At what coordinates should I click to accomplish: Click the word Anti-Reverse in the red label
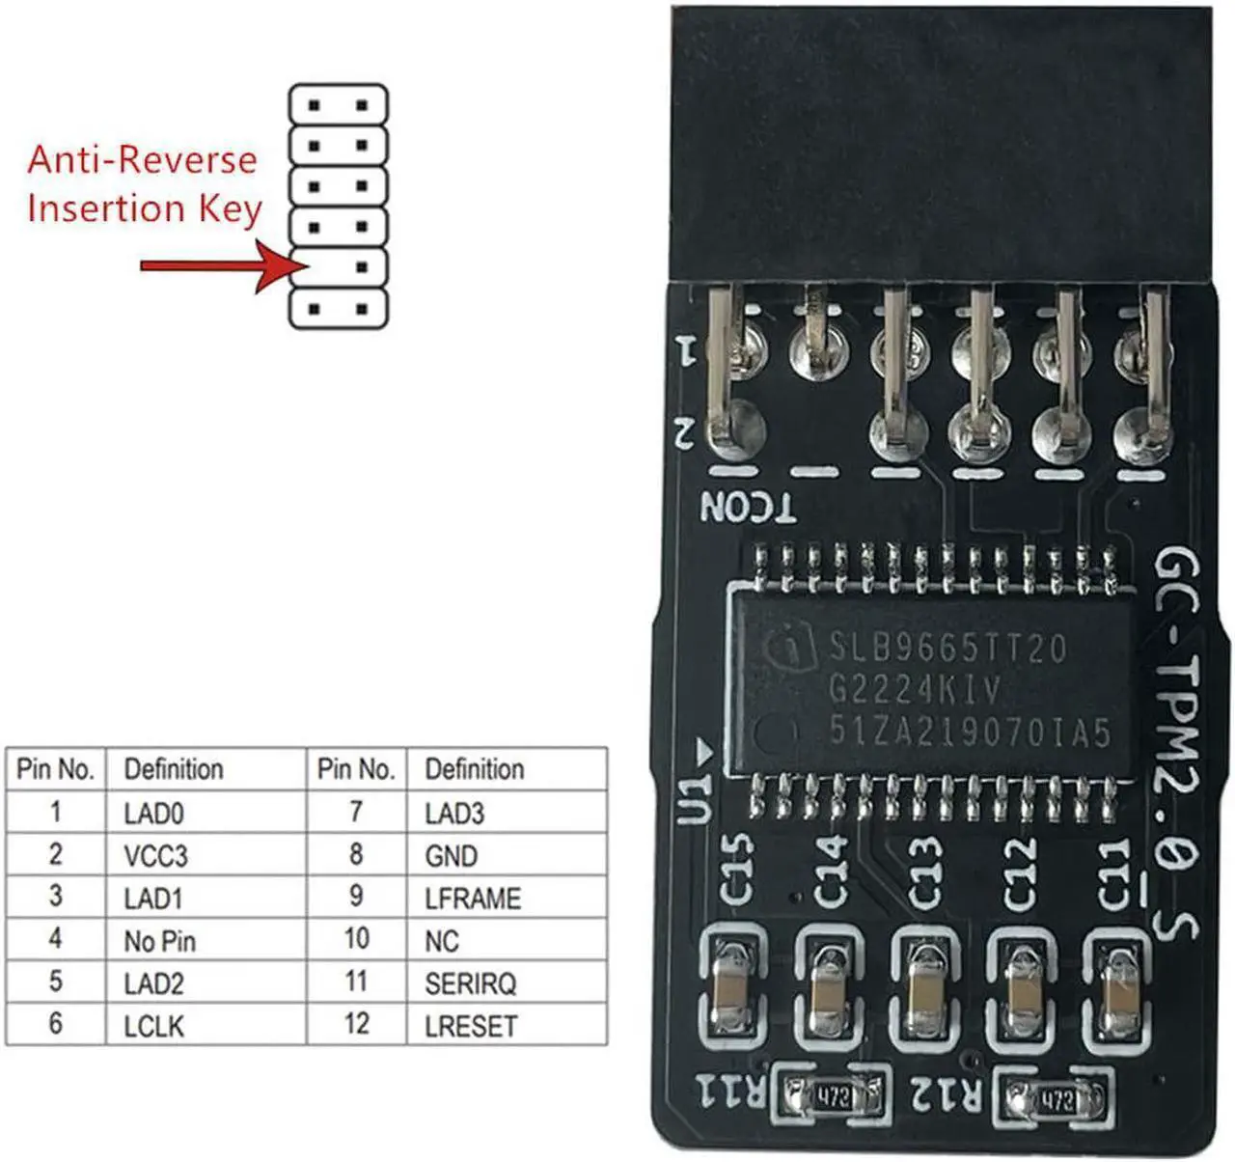coord(142,159)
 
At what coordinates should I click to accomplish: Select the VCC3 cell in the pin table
coord(155,856)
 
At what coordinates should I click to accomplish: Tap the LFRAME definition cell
coord(472,899)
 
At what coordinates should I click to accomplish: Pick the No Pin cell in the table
coord(159,941)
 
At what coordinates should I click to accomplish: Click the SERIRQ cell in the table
coord(470,983)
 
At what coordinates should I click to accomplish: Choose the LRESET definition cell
coord(470,1026)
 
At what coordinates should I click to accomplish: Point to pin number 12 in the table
coord(356,1024)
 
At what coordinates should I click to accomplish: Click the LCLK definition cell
coord(153,1026)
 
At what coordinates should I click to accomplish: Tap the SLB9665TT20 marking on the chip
coord(948,648)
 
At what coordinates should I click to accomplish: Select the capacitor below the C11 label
coord(1119,989)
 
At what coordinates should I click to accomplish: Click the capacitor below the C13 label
coord(926,989)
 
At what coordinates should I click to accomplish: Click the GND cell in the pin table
coord(451,856)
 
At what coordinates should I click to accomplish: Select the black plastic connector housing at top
coord(941,145)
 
